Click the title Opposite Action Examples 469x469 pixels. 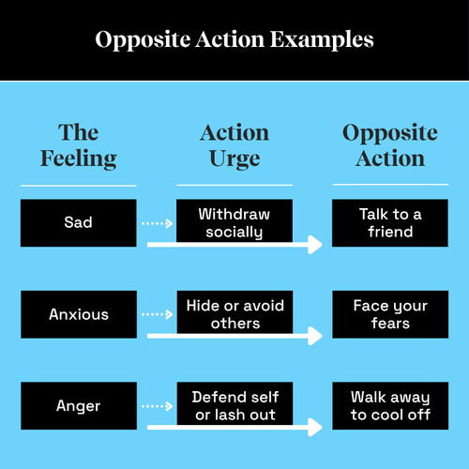[x=234, y=39]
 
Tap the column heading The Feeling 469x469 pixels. [x=79, y=145]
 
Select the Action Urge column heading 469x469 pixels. [x=234, y=145]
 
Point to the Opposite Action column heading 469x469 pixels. [x=390, y=145]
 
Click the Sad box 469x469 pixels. [x=79, y=223]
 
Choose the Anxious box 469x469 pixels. [x=79, y=314]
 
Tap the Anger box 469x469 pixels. [x=79, y=405]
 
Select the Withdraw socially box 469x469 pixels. [x=234, y=220]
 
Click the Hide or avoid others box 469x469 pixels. [x=234, y=312]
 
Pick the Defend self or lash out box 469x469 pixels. [x=234, y=403]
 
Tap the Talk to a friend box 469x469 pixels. [x=390, y=223]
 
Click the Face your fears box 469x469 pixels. [x=390, y=314]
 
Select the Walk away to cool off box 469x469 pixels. [x=390, y=405]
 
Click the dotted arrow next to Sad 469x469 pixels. [x=157, y=223]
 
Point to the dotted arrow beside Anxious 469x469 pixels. [x=157, y=314]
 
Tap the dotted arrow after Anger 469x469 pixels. [x=157, y=406]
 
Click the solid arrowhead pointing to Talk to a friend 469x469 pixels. [x=315, y=245]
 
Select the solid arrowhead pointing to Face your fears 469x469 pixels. [x=315, y=336]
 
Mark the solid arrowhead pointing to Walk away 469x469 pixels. [x=315, y=427]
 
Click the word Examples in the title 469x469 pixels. [x=322, y=40]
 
